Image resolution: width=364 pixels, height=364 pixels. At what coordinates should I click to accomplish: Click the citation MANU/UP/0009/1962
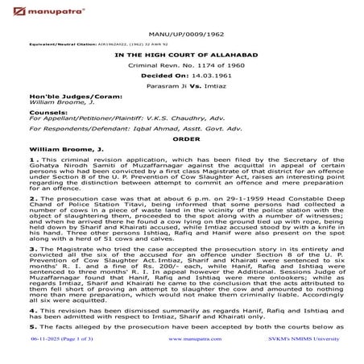pos(181,32)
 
